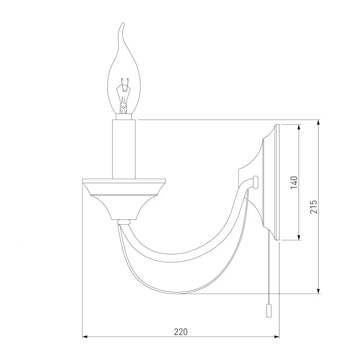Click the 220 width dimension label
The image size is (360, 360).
[181, 332]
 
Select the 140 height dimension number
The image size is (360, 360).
[294, 182]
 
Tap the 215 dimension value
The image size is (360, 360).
[313, 207]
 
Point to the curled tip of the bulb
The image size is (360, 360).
[123, 24]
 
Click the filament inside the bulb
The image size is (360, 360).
[123, 96]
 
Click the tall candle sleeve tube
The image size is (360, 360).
[124, 149]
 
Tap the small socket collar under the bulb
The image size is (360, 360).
[124, 117]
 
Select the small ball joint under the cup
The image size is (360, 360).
[124, 222]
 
